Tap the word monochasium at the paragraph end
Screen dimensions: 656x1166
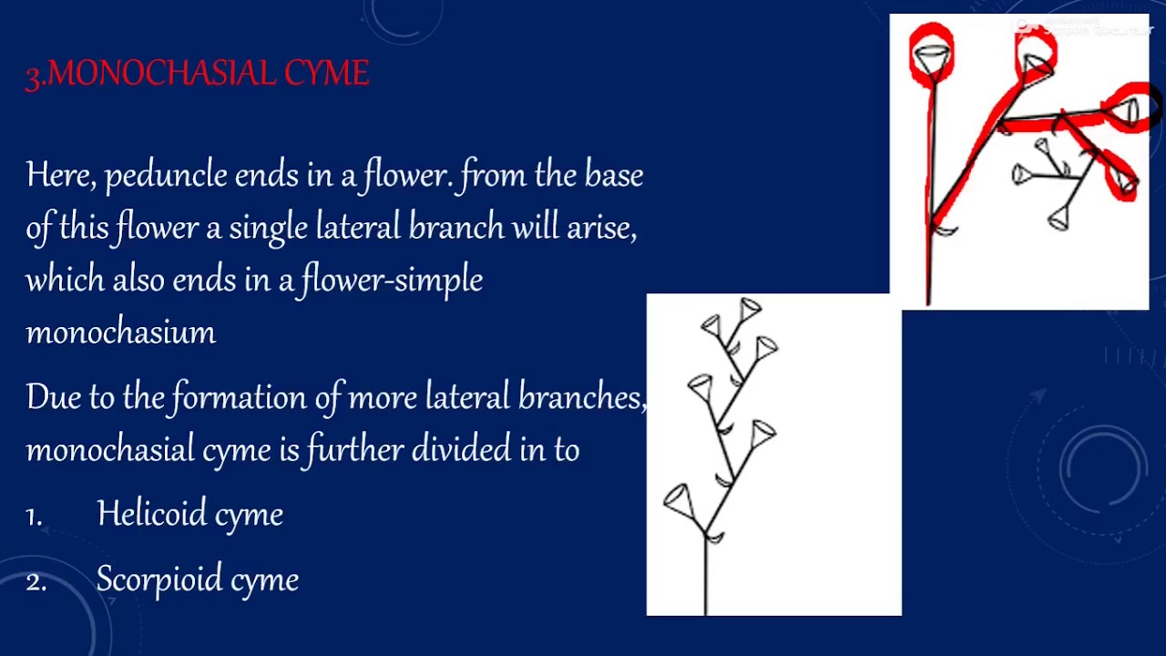(x=120, y=332)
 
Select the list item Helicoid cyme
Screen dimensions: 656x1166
(x=189, y=514)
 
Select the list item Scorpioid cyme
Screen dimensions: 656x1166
(x=197, y=579)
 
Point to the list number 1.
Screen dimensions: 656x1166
(x=34, y=517)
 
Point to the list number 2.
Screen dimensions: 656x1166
(x=36, y=582)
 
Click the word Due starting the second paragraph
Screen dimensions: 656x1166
(x=53, y=397)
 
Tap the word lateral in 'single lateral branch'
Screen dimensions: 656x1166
(x=357, y=227)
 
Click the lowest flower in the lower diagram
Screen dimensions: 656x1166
(x=678, y=499)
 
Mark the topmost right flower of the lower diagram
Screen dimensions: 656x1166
(x=751, y=310)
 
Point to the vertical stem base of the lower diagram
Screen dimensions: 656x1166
(x=706, y=583)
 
